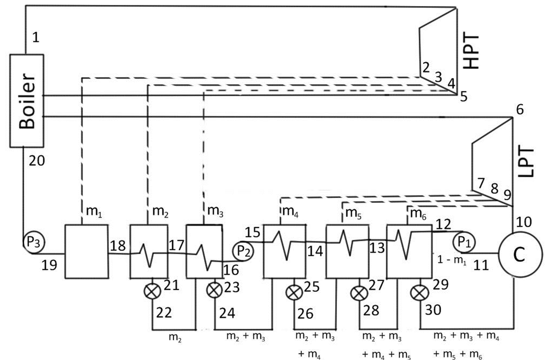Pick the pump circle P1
463,242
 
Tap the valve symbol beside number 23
214,290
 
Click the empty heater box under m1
87,251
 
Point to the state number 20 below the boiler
37,161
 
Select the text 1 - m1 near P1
452,260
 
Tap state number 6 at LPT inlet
520,109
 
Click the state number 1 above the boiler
35,37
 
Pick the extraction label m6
418,213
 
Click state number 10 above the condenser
524,222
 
